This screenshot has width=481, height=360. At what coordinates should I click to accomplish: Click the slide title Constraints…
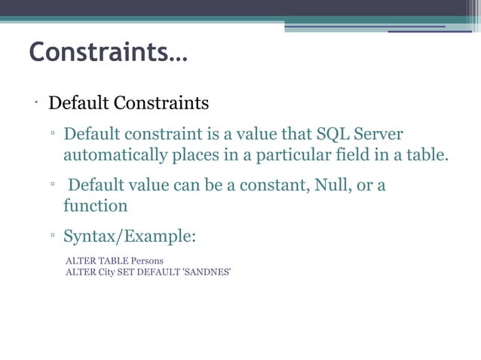pyautogui.click(x=109, y=53)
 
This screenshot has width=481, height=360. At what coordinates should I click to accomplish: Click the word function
pyautogui.click(x=95, y=205)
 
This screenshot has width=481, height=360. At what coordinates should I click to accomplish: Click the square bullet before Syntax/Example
pyautogui.click(x=53, y=237)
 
